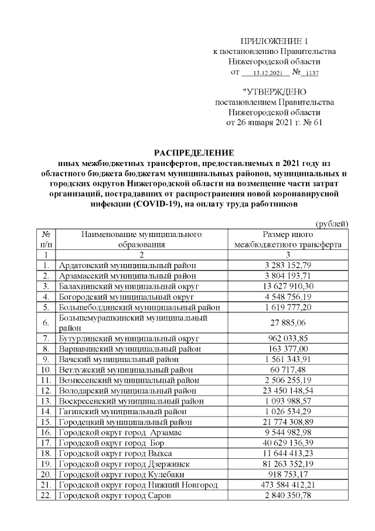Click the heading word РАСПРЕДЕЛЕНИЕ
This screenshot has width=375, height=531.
click(x=193, y=153)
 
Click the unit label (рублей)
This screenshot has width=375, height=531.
click(x=332, y=224)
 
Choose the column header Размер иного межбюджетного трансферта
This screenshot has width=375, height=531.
click(x=288, y=239)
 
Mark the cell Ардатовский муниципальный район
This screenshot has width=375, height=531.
click(x=127, y=265)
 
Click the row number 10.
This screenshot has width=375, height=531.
click(x=45, y=369)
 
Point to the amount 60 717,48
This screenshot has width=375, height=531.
click(x=288, y=369)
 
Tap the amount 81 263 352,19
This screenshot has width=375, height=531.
click(x=288, y=464)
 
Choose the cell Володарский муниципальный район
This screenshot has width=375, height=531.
click(x=128, y=390)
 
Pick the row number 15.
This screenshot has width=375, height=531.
click(x=45, y=422)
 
